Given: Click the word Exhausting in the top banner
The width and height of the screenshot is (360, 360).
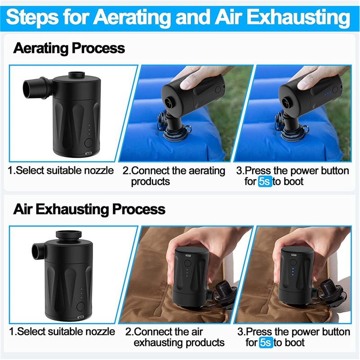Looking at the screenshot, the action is (298, 17).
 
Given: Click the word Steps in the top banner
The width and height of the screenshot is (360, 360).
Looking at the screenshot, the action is (32, 18).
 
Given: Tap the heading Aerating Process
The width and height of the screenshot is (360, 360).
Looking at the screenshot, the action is (69, 48).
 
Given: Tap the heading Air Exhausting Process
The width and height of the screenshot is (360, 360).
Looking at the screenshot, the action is (89, 209).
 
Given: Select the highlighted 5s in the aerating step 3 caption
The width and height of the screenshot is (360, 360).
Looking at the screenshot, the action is (265, 182).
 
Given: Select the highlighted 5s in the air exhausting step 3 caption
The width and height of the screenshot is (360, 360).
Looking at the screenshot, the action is (266, 342).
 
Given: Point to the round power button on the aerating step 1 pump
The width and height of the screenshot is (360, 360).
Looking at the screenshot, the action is (89, 143).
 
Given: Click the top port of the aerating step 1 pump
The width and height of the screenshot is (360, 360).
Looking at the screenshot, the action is (76, 75).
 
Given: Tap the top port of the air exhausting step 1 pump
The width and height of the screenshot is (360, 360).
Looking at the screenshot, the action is (69, 235).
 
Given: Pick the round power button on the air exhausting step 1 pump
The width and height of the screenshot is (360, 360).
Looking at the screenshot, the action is (80, 307).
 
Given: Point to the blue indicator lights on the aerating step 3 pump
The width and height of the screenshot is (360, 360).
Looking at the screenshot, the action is (327, 93).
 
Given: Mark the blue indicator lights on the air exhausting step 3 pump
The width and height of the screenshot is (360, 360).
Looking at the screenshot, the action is (293, 271).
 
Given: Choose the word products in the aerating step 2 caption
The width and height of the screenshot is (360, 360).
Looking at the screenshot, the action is (151, 182).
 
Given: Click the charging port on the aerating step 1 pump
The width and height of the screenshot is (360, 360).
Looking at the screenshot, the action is (89, 153).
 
